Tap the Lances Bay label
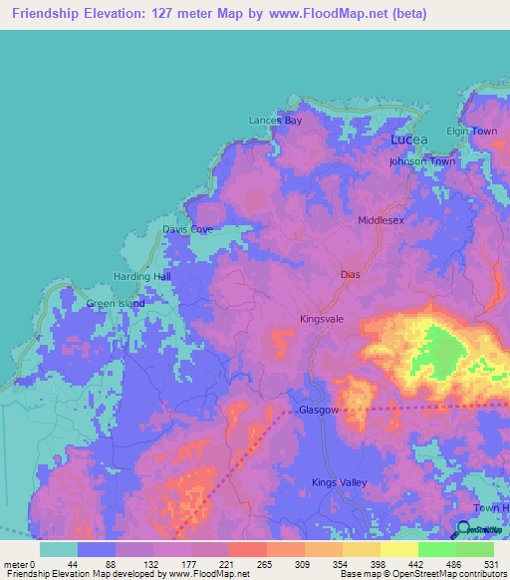(x=275, y=121)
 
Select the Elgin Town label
(x=471, y=132)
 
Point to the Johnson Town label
(x=421, y=161)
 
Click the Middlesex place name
(x=381, y=220)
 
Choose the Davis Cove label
(x=187, y=229)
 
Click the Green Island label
(x=116, y=304)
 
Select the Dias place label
(x=349, y=273)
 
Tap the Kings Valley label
(x=340, y=482)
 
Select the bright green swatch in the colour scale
(x=436, y=548)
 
